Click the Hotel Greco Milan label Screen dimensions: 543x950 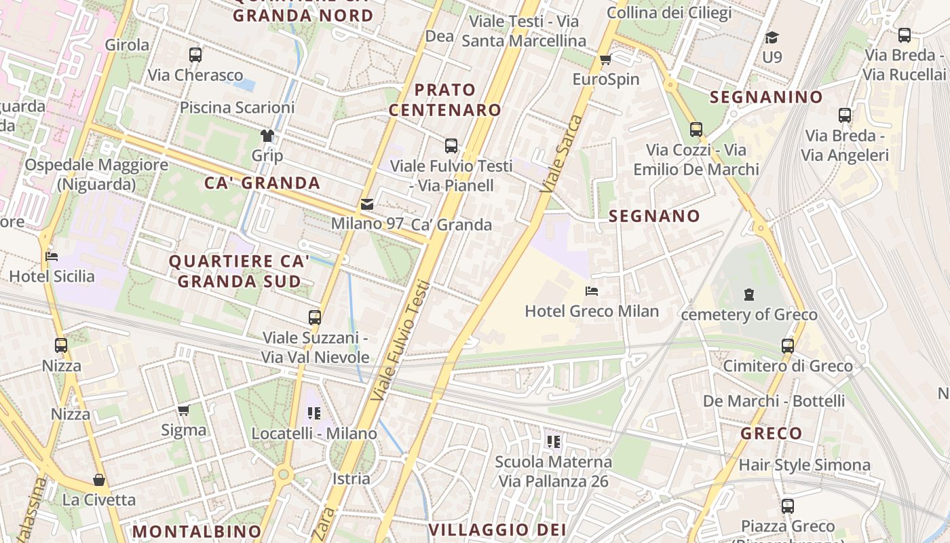click(592, 312)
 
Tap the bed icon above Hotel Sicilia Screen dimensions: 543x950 click(52, 257)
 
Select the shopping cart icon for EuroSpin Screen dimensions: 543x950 click(605, 60)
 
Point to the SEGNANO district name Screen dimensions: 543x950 click(654, 217)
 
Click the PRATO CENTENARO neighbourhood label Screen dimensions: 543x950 click(444, 100)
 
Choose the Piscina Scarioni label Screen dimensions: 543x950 click(237, 107)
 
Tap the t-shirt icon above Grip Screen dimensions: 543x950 click(267, 136)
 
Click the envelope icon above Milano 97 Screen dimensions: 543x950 click(367, 204)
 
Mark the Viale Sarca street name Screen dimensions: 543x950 click(561, 153)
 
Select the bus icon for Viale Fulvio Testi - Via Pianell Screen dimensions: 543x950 click(451, 145)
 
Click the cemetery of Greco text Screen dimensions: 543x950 click(748, 315)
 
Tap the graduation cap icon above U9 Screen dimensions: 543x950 click(772, 37)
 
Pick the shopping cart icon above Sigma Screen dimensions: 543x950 click(183, 410)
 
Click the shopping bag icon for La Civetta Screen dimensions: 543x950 click(99, 481)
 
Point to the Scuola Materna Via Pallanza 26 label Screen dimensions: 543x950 click(553, 472)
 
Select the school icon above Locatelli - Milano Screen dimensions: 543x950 click(313, 413)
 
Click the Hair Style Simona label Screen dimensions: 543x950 click(804, 465)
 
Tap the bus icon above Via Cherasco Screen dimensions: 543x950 click(195, 55)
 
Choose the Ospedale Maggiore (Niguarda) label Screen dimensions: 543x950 click(96, 174)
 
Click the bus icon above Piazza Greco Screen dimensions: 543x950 click(787, 506)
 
